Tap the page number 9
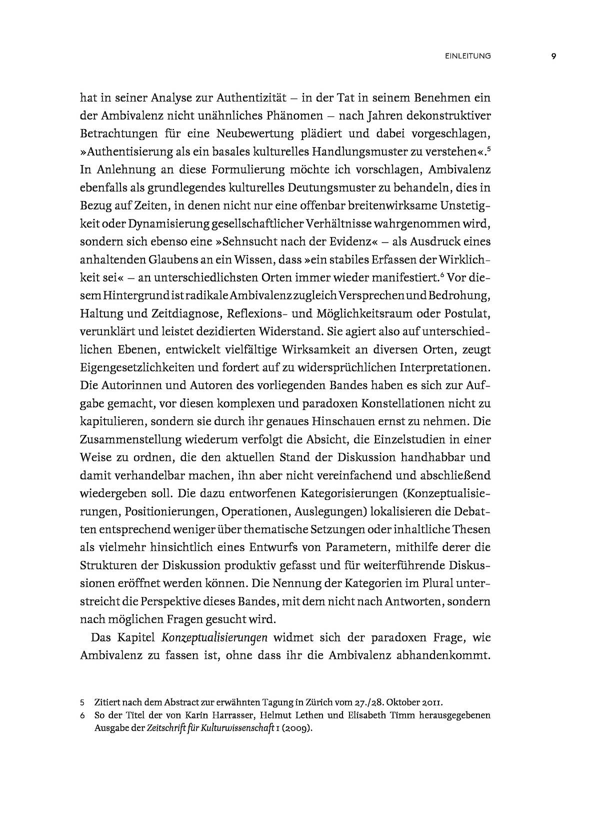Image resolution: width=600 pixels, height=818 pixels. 553,56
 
